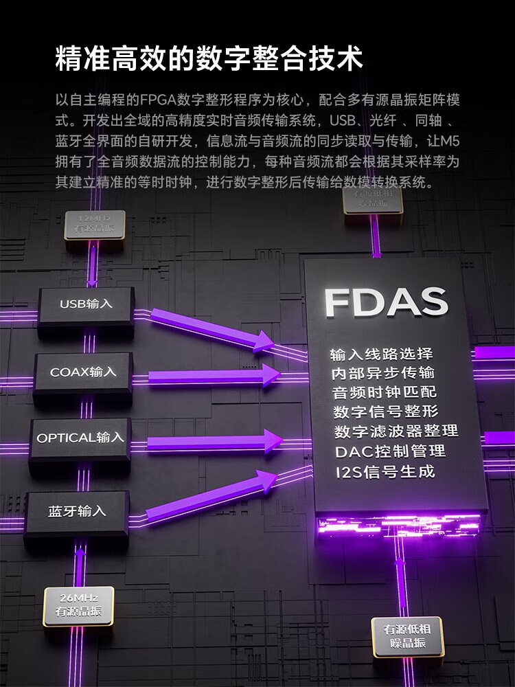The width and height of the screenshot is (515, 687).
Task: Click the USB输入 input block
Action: point(86,304)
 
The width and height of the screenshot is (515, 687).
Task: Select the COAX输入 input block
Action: point(83,372)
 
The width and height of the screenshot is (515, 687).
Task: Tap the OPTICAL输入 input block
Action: point(80,438)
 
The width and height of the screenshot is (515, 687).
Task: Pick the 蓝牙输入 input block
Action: point(77,511)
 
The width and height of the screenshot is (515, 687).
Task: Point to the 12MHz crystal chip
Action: point(95,225)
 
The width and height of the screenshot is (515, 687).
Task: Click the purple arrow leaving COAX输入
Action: point(213,376)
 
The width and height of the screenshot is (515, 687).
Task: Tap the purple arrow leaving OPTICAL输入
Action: point(213,442)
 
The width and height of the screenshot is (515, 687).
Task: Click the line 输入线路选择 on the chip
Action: point(381,354)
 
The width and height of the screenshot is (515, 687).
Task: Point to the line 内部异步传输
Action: point(382,373)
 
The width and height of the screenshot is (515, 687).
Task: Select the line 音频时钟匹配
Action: point(384,392)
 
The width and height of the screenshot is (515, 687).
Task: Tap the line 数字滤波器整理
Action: point(396,431)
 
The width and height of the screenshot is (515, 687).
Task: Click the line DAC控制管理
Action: point(390,451)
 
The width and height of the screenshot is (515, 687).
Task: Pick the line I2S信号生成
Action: point(385,472)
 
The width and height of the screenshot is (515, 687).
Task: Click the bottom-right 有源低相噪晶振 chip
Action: point(407,636)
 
